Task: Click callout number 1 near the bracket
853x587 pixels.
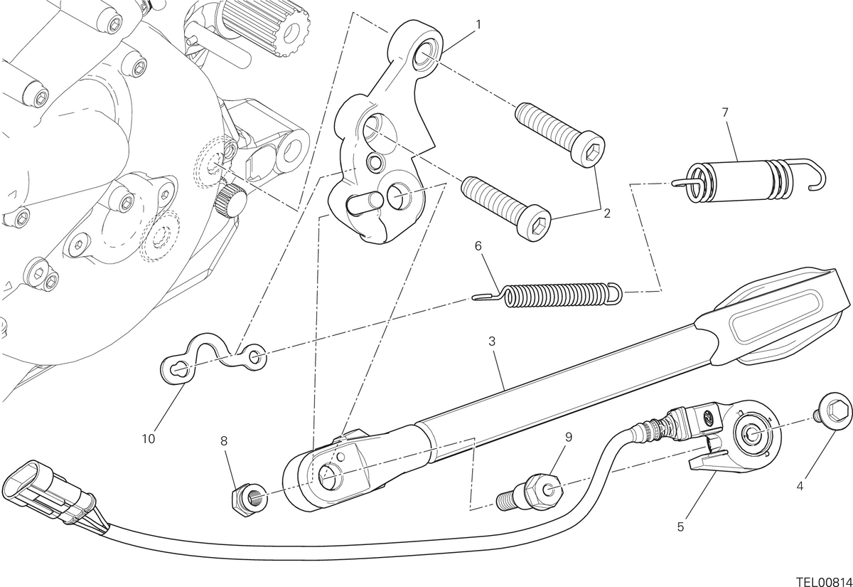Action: pyautogui.click(x=478, y=25)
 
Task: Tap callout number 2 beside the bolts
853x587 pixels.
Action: pyautogui.click(x=606, y=213)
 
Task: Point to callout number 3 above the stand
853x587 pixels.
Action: pyautogui.click(x=492, y=341)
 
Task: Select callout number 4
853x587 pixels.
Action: pyautogui.click(x=800, y=486)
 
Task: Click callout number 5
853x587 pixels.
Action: pyautogui.click(x=680, y=527)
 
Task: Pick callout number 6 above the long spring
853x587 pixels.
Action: pyautogui.click(x=478, y=246)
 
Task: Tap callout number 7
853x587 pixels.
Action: pyautogui.click(x=724, y=112)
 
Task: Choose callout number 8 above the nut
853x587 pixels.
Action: pyautogui.click(x=224, y=441)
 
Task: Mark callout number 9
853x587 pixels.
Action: pyautogui.click(x=569, y=437)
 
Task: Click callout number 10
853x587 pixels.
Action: pyautogui.click(x=149, y=439)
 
